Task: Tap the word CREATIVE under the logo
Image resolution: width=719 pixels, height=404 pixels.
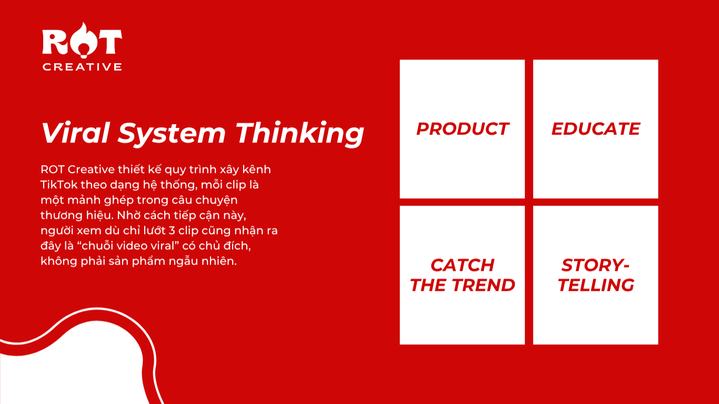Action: (x=82, y=67)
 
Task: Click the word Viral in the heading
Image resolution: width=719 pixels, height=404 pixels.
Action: (x=76, y=133)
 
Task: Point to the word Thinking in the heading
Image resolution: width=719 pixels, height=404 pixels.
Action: (x=300, y=134)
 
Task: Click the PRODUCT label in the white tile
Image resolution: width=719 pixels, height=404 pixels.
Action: (x=462, y=129)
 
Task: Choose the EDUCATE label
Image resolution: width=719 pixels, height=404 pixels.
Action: (x=596, y=129)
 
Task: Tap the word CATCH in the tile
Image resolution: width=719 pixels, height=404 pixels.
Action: (x=462, y=265)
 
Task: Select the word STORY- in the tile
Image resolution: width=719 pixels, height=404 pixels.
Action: (x=595, y=265)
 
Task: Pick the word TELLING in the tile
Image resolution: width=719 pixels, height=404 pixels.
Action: (x=596, y=285)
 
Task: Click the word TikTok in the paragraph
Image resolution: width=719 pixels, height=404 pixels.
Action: (x=59, y=185)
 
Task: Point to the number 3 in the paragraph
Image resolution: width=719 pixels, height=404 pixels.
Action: (x=172, y=231)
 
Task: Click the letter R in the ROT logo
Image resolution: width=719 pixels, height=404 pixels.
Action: (x=55, y=42)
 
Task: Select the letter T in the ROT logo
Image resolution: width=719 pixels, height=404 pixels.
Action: (x=109, y=42)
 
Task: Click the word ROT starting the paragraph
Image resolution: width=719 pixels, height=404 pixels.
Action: (x=53, y=169)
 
